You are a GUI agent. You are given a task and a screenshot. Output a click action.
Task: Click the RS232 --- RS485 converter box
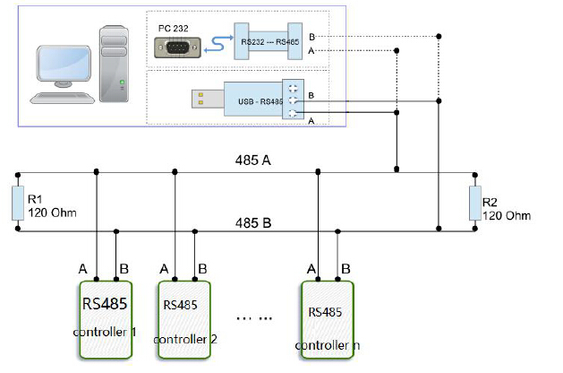pos(268,42)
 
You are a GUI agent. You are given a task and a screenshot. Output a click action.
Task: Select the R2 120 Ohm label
pos(507,210)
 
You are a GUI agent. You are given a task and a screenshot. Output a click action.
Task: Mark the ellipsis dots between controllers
pos(255,318)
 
